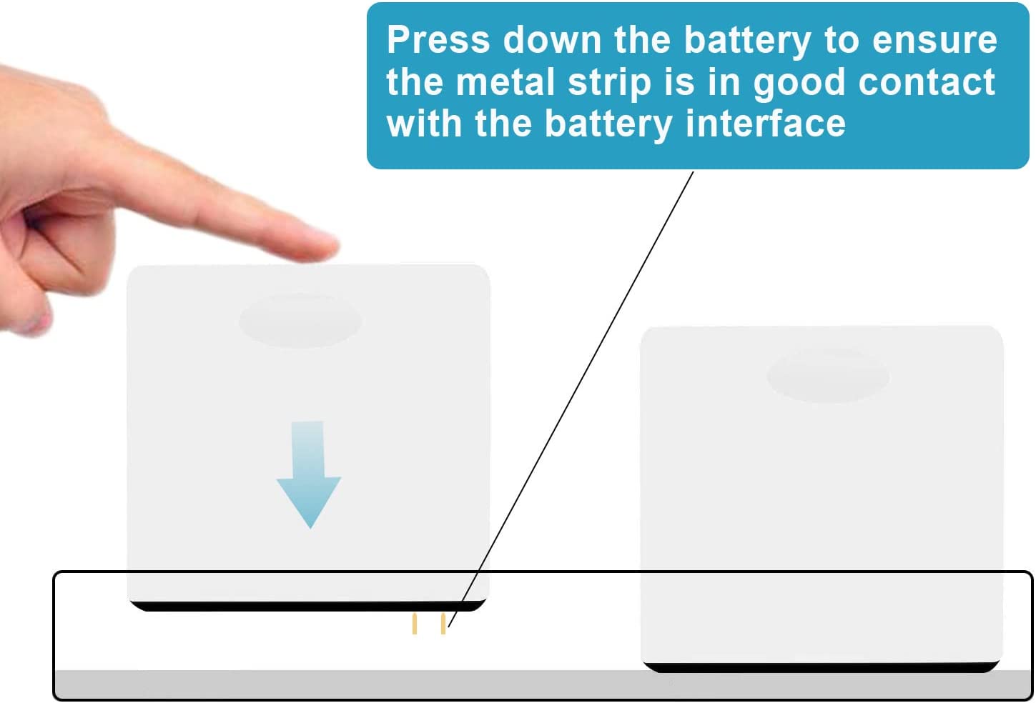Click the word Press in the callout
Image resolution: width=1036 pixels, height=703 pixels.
pyautogui.click(x=438, y=40)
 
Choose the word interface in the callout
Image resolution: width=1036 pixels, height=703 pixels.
pyautogui.click(x=766, y=124)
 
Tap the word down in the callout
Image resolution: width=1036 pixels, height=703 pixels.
pyautogui.click(x=551, y=40)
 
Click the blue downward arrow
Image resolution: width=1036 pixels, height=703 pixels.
pyautogui.click(x=309, y=474)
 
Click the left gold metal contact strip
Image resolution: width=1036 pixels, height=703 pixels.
pyautogui.click(x=415, y=624)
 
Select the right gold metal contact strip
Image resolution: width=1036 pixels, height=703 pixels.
pyautogui.click(x=443, y=624)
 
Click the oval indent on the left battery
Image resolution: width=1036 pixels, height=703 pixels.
pyautogui.click(x=300, y=320)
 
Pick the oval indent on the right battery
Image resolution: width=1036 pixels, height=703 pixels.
pyautogui.click(x=828, y=376)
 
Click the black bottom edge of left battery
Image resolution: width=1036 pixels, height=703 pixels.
pyautogui.click(x=307, y=606)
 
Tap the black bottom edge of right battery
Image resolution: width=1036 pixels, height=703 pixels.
pyautogui.click(x=822, y=667)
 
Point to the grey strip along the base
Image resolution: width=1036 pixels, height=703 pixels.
pyautogui.click(x=543, y=684)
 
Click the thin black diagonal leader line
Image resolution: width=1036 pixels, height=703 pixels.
pyautogui.click(x=571, y=399)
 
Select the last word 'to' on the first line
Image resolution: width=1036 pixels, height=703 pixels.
pyautogui.click(x=842, y=41)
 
